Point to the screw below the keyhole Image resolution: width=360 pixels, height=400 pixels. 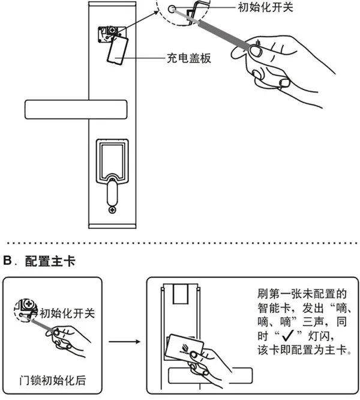112,210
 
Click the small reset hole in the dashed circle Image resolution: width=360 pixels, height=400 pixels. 173,9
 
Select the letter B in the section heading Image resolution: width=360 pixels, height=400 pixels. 8,262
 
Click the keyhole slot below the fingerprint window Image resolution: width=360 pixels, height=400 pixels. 112,191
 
